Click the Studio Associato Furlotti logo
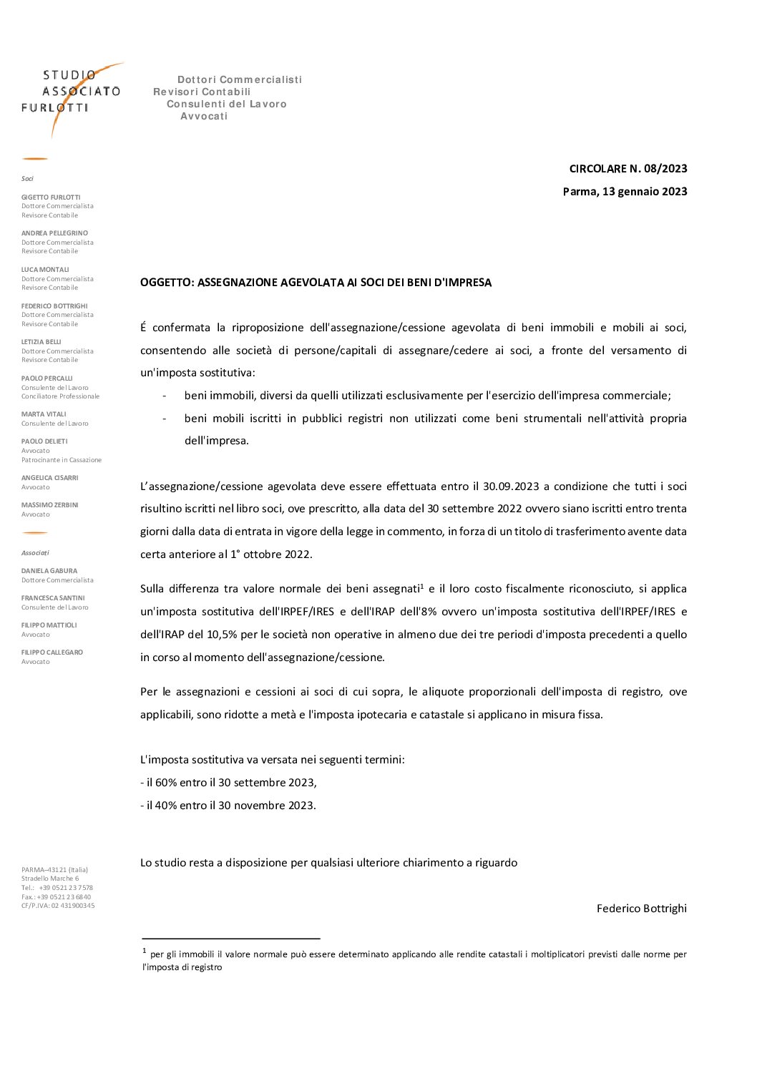[72, 93]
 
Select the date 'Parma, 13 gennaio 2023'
[625, 192]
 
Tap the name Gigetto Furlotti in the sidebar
[51, 197]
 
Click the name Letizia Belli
[41, 342]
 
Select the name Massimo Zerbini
[50, 505]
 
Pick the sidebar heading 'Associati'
[35, 553]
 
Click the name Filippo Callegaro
[52, 652]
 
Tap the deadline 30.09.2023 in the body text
[511, 486]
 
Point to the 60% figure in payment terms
[166, 783]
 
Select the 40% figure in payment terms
[166, 806]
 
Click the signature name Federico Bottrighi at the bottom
[641, 909]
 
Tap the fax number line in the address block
[56, 897]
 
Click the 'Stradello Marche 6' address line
[50, 879]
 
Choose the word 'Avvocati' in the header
[204, 117]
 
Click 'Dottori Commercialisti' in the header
[240, 79]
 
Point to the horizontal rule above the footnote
[230, 938]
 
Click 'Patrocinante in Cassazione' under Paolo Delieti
[62, 460]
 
